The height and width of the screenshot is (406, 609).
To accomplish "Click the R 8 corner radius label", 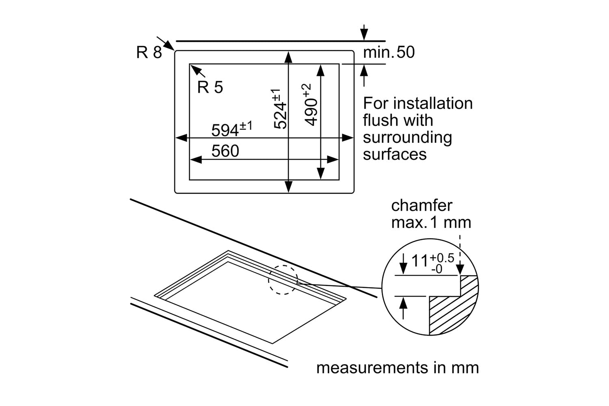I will click(149, 52).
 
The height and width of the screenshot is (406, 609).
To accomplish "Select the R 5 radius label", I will click(210, 87).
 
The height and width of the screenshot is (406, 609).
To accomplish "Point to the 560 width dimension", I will click(225, 151).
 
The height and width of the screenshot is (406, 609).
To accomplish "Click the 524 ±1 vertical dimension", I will click(280, 109).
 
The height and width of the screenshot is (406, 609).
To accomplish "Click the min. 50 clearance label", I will click(389, 52).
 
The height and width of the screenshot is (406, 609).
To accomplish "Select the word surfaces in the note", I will click(395, 154).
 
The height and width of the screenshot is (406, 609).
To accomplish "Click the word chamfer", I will click(421, 205).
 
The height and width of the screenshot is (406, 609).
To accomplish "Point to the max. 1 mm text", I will click(431, 222).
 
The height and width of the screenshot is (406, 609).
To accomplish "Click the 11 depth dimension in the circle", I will click(420, 261).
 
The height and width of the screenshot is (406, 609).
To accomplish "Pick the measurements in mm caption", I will click(397, 368).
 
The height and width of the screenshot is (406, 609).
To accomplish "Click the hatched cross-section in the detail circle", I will click(451, 309).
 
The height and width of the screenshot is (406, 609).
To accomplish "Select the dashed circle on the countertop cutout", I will click(283, 280).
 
